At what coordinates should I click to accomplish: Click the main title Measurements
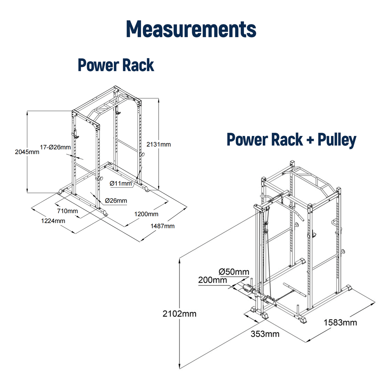[191, 29]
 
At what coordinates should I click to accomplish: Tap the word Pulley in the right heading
[337, 140]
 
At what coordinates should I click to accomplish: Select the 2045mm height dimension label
[27, 152]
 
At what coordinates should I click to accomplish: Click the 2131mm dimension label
[159, 145]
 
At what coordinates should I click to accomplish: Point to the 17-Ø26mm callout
[55, 147]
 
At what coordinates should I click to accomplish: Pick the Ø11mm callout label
[121, 183]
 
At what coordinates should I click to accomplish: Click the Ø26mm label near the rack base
[116, 201]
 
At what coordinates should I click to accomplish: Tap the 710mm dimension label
[67, 211]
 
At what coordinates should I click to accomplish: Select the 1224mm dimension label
[53, 221]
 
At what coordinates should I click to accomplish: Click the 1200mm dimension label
[146, 214]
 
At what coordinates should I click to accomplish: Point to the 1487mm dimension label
[162, 226]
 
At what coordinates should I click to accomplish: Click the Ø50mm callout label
[234, 272]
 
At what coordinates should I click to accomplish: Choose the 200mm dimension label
[213, 280]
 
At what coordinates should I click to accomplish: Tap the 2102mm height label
[179, 314]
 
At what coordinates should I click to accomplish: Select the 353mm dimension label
[265, 334]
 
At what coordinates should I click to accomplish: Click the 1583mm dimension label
[340, 322]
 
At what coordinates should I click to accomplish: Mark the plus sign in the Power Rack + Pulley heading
[310, 140]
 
